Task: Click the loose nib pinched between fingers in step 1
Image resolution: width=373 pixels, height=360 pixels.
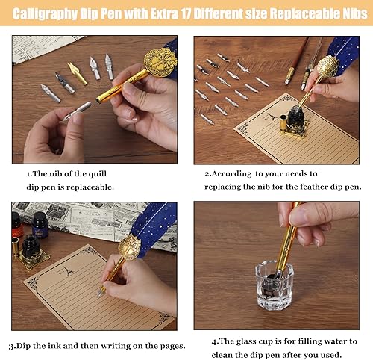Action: [x=77, y=112]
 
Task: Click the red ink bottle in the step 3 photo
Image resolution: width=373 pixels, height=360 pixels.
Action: [x=17, y=223]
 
